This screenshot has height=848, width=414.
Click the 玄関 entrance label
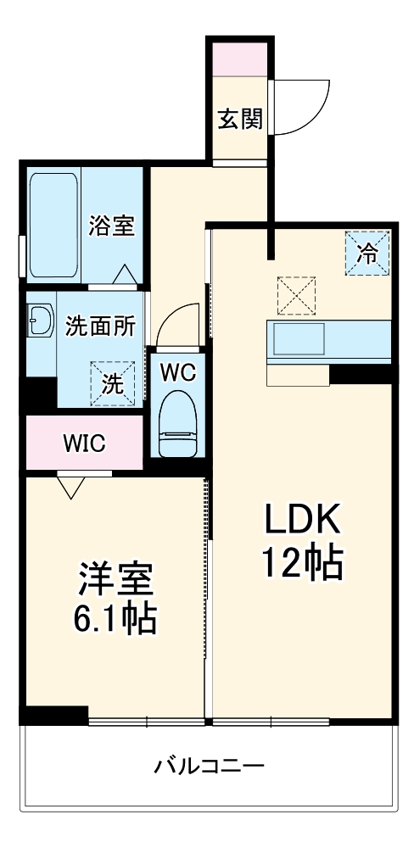[240, 119]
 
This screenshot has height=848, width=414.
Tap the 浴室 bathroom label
[112, 226]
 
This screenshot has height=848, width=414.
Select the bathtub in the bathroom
[53, 225]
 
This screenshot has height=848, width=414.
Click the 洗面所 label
[100, 327]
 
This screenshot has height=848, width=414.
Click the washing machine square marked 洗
[113, 383]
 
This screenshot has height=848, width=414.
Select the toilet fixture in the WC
[177, 425]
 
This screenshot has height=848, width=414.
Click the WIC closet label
[83, 444]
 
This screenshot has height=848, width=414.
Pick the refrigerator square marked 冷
[367, 253]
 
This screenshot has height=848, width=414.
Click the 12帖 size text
[303, 562]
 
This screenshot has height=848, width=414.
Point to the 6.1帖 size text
[115, 618]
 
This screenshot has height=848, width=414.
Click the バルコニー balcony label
[210, 766]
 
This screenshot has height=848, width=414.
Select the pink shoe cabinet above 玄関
[240, 59]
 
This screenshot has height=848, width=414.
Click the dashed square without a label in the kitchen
[296, 295]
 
